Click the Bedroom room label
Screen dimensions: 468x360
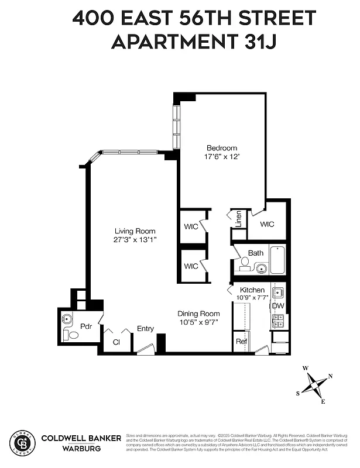point(222,148)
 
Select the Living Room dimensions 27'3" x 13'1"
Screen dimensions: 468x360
point(135,240)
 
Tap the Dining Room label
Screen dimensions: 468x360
point(199,314)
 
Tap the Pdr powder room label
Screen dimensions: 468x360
point(86,326)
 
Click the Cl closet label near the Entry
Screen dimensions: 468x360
point(116,342)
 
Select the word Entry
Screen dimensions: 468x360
point(145,329)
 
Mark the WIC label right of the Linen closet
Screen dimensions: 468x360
point(267,224)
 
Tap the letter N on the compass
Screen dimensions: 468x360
point(330,376)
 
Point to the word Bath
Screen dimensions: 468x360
point(255,253)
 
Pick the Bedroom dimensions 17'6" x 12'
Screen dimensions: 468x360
point(222,157)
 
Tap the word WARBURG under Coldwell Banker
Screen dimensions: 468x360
point(81,449)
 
